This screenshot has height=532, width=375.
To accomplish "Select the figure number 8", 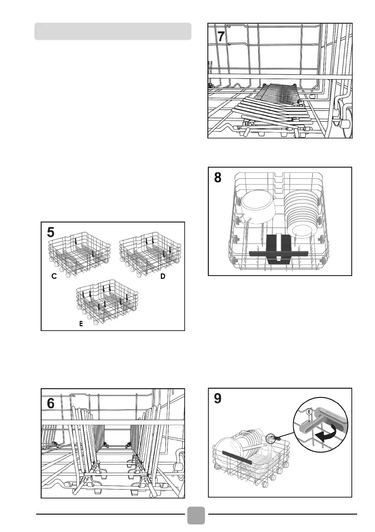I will [218, 178].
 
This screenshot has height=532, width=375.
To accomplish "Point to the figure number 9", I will [218, 398].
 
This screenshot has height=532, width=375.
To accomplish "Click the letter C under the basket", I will [54, 277].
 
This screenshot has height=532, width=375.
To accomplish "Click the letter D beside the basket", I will [163, 277].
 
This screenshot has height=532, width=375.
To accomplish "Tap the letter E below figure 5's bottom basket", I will [81, 325].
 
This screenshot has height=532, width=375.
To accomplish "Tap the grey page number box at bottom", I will [196, 516].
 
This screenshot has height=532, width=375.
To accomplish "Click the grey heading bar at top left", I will [113, 32].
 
